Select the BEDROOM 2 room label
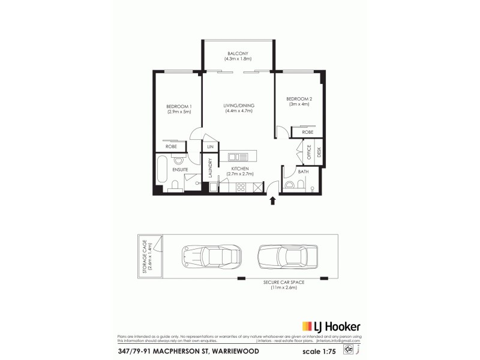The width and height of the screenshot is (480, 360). [x=298, y=98]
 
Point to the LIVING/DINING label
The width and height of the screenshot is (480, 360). [x=238, y=106]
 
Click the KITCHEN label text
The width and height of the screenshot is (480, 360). [x=240, y=169]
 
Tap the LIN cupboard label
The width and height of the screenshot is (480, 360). [x=210, y=147]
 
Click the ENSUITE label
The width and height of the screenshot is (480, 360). [x=180, y=170]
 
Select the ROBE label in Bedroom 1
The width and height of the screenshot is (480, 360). [x=170, y=146]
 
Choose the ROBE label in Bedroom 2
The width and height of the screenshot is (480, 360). [x=308, y=131]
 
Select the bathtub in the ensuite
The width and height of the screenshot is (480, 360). [x=162, y=172]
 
